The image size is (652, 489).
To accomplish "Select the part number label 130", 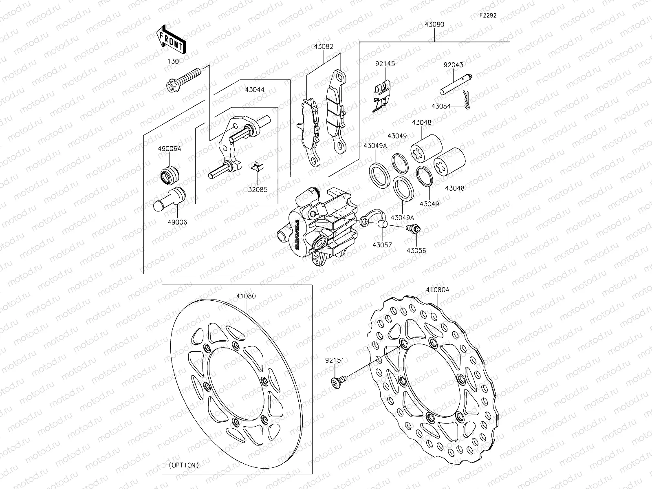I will (x=173, y=61).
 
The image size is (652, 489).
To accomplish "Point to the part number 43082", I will (x=324, y=47).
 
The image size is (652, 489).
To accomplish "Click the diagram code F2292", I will (x=488, y=16).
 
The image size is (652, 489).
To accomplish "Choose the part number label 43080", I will (x=434, y=24).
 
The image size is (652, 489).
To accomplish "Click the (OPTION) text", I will (x=184, y=465).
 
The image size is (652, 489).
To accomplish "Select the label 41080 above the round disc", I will (x=246, y=296).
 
